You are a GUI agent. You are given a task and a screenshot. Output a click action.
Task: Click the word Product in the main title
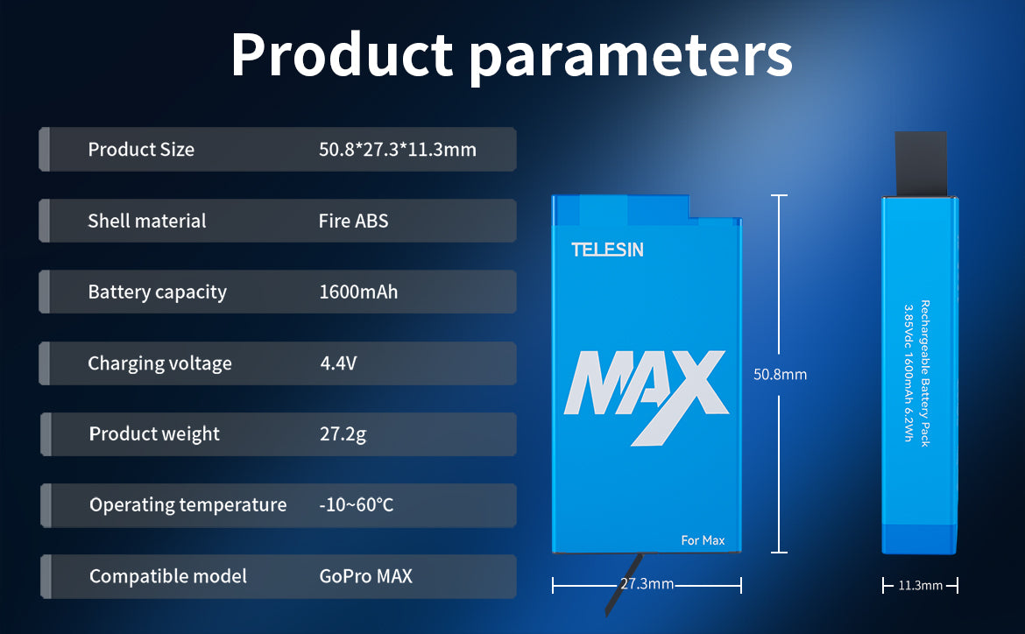(x=342, y=55)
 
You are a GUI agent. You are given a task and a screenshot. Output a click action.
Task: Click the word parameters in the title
(x=631, y=59)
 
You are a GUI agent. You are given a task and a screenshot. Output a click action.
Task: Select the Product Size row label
(x=141, y=150)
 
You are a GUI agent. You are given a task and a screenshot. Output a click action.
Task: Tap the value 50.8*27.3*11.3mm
(x=398, y=150)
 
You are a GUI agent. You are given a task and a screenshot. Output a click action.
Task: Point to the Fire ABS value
(x=354, y=221)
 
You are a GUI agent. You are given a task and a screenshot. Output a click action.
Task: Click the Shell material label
(x=147, y=221)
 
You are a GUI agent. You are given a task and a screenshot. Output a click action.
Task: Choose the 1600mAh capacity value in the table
(x=358, y=292)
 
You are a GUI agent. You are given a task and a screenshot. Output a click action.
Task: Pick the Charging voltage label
(x=160, y=363)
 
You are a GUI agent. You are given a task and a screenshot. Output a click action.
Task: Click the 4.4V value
(x=339, y=363)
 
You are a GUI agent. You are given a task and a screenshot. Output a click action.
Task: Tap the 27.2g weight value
(x=343, y=434)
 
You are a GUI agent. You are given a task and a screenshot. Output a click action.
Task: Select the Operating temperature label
(x=188, y=505)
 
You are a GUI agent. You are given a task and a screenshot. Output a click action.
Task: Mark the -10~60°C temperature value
(x=357, y=504)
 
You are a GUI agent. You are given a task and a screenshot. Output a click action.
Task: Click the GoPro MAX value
(x=366, y=576)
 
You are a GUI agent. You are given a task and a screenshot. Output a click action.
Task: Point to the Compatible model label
(x=168, y=576)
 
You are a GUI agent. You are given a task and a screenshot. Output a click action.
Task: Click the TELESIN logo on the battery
(x=607, y=250)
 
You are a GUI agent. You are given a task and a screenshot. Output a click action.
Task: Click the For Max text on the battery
(x=703, y=540)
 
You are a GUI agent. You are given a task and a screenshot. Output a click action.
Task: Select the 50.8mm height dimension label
(x=780, y=375)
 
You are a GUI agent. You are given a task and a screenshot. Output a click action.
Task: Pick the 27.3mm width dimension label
(x=647, y=584)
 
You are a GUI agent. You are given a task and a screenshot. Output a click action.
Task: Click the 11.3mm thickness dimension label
(x=921, y=586)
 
